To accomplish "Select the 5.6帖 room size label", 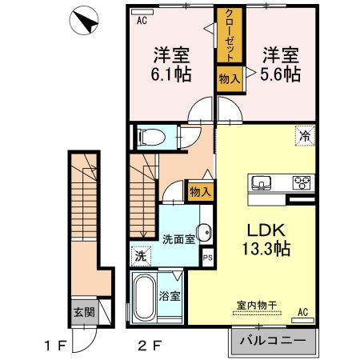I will (x=280, y=74).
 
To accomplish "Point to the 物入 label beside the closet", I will (x=227, y=78).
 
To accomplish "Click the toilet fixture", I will (x=150, y=137).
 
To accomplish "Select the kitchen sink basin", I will (x=262, y=182).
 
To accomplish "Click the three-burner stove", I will (x=302, y=181).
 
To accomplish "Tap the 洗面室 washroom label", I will (x=178, y=238).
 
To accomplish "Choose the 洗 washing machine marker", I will (x=139, y=258).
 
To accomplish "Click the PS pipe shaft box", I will (x=207, y=258).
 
